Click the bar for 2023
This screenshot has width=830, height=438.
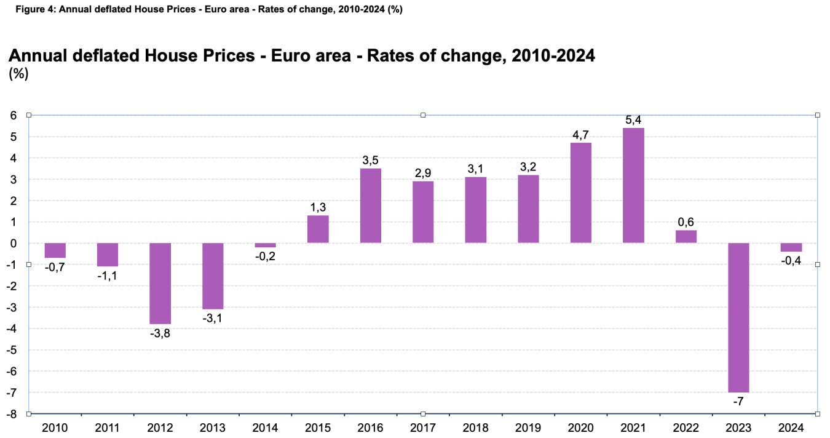pyautogui.click(x=738, y=317)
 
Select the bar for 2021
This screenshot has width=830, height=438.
pyautogui.click(x=633, y=185)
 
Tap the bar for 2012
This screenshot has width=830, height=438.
pyautogui.click(x=160, y=283)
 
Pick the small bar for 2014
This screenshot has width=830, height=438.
pyautogui.click(x=265, y=245)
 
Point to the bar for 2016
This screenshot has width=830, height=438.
pyautogui.click(x=370, y=205)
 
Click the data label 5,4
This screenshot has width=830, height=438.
pyautogui.click(x=633, y=116)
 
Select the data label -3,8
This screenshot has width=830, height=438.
pyautogui.click(x=160, y=334)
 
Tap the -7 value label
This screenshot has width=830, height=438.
pyautogui.click(x=738, y=402)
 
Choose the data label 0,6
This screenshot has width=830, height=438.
pyautogui.click(x=686, y=222)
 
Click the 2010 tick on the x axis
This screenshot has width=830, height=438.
pyautogui.click(x=55, y=427)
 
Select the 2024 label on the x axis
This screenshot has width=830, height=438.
pyautogui.click(x=791, y=427)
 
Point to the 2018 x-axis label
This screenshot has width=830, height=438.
pyautogui.click(x=475, y=427)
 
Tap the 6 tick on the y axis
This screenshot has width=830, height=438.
pyautogui.click(x=12, y=116)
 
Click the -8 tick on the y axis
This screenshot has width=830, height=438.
pyautogui.click(x=10, y=414)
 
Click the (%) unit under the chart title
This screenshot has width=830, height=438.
pyautogui.click(x=18, y=74)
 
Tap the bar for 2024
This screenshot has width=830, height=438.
pyautogui.click(x=791, y=247)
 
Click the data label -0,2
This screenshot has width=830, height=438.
pyautogui.click(x=265, y=257)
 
